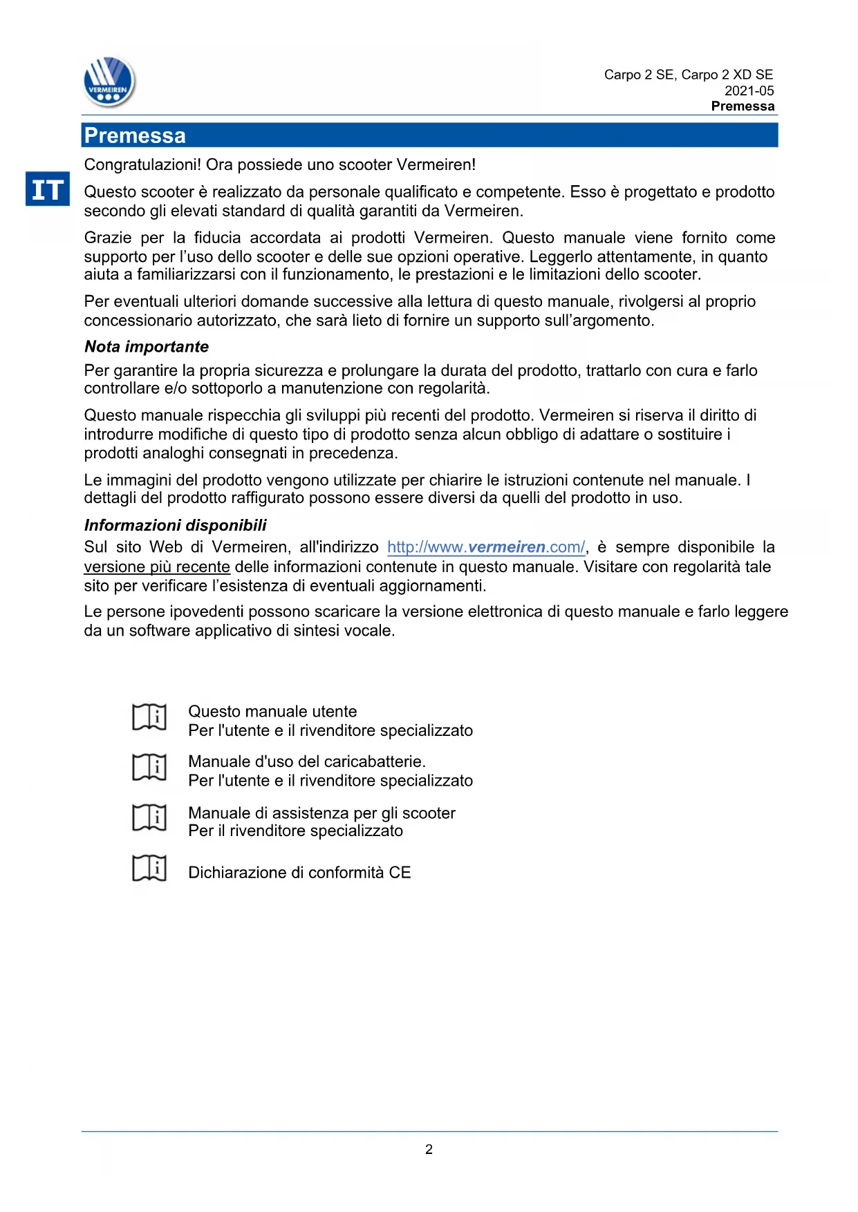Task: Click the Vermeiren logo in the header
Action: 109,82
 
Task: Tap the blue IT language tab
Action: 48,189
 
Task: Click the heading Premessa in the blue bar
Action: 135,135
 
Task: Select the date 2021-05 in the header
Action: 749,91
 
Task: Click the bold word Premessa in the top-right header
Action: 743,106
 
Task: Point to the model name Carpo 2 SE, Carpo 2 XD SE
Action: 688,75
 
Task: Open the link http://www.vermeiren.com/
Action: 486,547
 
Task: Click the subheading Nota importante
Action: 147,346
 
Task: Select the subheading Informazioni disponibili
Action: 175,525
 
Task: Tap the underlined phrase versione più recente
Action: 157,567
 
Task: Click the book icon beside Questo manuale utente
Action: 149,717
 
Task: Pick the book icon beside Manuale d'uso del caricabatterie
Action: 149,767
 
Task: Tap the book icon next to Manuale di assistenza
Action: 149,817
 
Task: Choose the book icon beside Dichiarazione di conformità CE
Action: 149,868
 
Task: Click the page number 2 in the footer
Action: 429,1149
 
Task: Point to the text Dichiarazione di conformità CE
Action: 299,872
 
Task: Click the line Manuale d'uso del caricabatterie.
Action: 307,761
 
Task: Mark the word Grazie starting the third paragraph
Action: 107,238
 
